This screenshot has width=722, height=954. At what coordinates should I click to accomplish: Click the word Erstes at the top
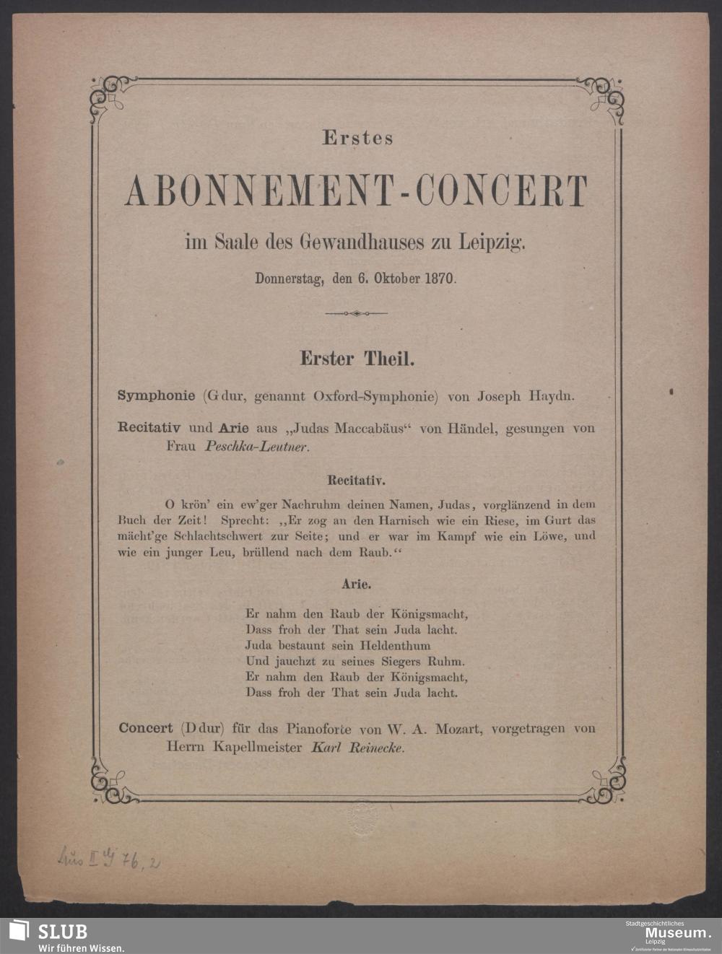pos(357,139)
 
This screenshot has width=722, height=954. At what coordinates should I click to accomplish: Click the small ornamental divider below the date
pos(357,313)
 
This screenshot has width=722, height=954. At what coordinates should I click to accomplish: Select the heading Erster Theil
pos(357,359)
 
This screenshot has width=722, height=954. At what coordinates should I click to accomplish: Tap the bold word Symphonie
pos(156,396)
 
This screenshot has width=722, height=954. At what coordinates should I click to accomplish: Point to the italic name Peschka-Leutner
pos(257,447)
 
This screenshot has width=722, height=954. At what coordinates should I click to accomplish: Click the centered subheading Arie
pos(357,579)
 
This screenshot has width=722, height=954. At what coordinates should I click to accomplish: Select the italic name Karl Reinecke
pos(357,748)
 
